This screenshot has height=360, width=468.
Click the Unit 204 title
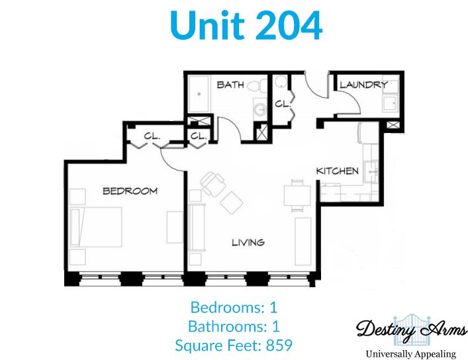click(x=246, y=25)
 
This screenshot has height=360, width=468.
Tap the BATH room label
click(x=230, y=85)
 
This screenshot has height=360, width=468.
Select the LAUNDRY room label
click(x=364, y=85)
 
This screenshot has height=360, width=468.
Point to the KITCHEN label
click(x=338, y=171)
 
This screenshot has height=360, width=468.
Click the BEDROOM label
click(x=130, y=191)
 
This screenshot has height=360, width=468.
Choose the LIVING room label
click(x=248, y=242)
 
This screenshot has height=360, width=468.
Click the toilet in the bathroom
click(x=257, y=85)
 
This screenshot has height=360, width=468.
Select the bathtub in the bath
click(x=199, y=94)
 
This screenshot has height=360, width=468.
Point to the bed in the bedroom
click(x=96, y=227)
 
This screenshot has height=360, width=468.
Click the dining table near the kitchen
click(x=297, y=195)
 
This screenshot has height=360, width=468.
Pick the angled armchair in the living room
click(x=212, y=183)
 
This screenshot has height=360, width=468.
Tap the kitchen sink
click(x=371, y=171)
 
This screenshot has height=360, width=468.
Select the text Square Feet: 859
click(x=234, y=345)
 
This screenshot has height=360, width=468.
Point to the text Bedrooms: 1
click(x=234, y=308)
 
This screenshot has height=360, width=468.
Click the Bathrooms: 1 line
click(x=234, y=326)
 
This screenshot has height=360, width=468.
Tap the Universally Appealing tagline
click(x=411, y=354)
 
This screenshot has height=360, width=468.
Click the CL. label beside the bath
click(x=283, y=104)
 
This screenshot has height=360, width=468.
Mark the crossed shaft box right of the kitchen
click(x=393, y=125)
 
